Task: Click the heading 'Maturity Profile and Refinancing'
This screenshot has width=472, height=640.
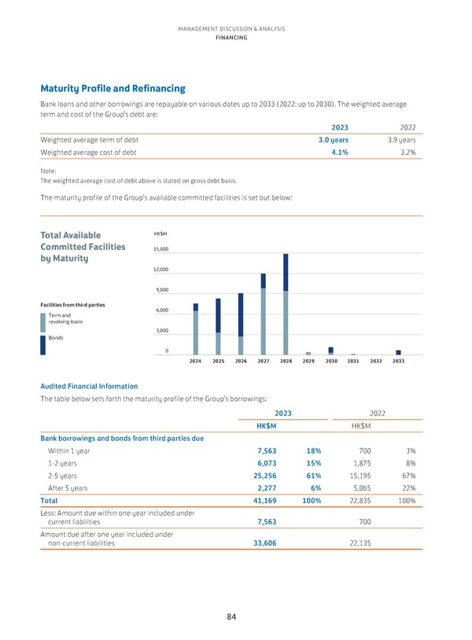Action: [x=112, y=89]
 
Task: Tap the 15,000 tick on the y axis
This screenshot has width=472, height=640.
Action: [x=160, y=250]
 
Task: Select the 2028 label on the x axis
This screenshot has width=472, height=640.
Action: [x=286, y=361]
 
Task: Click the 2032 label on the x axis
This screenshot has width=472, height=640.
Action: [x=376, y=361]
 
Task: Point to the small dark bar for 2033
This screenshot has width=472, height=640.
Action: [x=399, y=352]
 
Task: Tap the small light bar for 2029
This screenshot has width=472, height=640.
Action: [x=308, y=353]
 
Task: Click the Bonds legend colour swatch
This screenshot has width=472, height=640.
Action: [x=42, y=346]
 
